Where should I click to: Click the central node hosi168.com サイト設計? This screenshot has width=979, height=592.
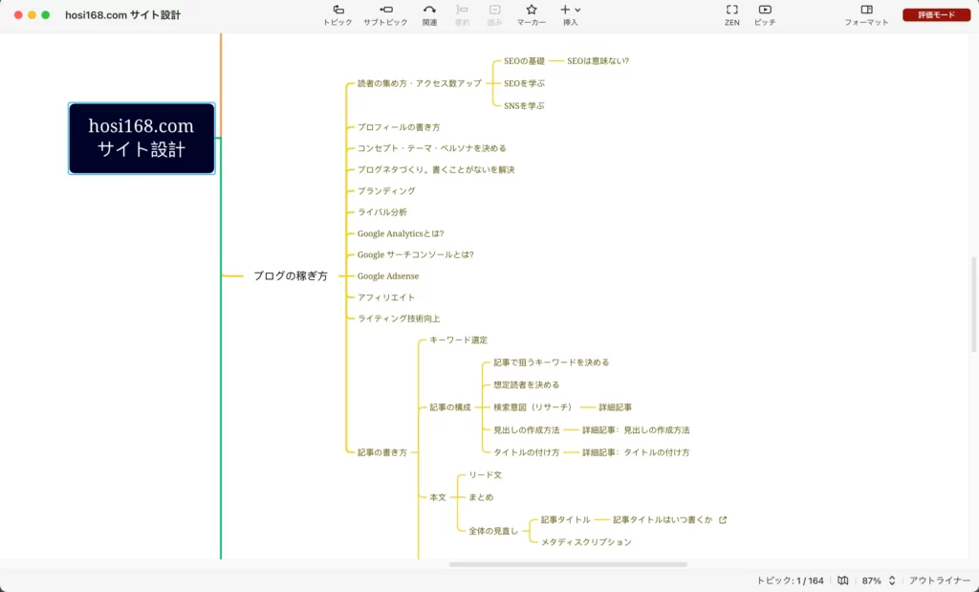point(141,138)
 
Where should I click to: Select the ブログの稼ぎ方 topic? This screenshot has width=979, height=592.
point(291,276)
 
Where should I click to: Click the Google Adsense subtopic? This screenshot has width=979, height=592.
point(388,276)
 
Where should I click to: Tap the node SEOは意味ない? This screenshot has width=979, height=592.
point(598,61)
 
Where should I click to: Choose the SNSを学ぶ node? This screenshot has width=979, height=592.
point(524,106)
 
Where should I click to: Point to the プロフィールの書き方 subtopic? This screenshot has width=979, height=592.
point(399,127)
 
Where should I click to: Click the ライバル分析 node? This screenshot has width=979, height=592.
point(382,212)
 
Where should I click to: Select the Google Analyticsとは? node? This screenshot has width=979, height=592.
point(401,233)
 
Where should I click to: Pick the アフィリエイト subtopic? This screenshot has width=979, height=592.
point(386,297)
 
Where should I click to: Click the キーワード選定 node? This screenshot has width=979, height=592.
point(458,340)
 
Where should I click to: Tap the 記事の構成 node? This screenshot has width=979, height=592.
point(450,407)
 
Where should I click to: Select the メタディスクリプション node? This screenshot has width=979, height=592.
point(586,542)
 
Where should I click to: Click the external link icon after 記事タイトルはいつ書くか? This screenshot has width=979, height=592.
point(723,519)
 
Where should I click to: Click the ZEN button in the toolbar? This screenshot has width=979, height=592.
point(731,15)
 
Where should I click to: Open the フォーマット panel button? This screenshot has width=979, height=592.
point(866,15)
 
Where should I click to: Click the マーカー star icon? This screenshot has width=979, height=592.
point(532,10)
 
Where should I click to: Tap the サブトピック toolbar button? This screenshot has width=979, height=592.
point(385,15)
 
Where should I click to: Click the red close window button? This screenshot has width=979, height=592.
point(18,15)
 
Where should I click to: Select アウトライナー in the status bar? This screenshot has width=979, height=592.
point(940,581)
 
